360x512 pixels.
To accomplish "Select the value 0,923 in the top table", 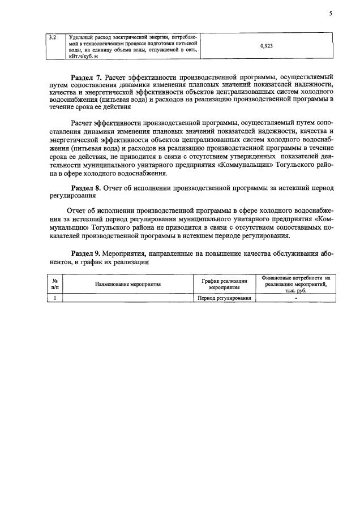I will point(267,46).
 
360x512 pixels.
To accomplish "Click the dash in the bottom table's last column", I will point(295,298).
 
